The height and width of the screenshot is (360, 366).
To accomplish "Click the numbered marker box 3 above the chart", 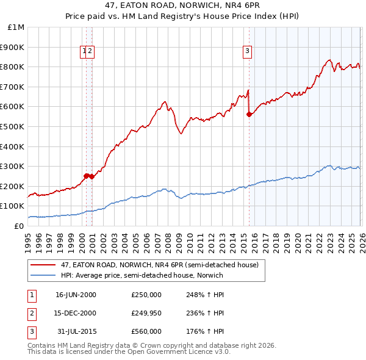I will (248, 52).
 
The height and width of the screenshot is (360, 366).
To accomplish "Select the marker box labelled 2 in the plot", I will (90, 52).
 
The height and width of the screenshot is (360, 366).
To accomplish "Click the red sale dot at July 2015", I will (249, 114).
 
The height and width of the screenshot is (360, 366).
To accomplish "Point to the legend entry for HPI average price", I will (142, 275).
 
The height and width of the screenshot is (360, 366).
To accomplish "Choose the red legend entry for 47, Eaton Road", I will (160, 265).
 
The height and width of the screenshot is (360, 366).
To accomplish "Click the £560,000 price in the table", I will (146, 331).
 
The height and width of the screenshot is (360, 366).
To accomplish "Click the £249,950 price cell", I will (146, 313).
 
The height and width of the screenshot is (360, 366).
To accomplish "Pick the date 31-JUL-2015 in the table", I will (76, 331).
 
